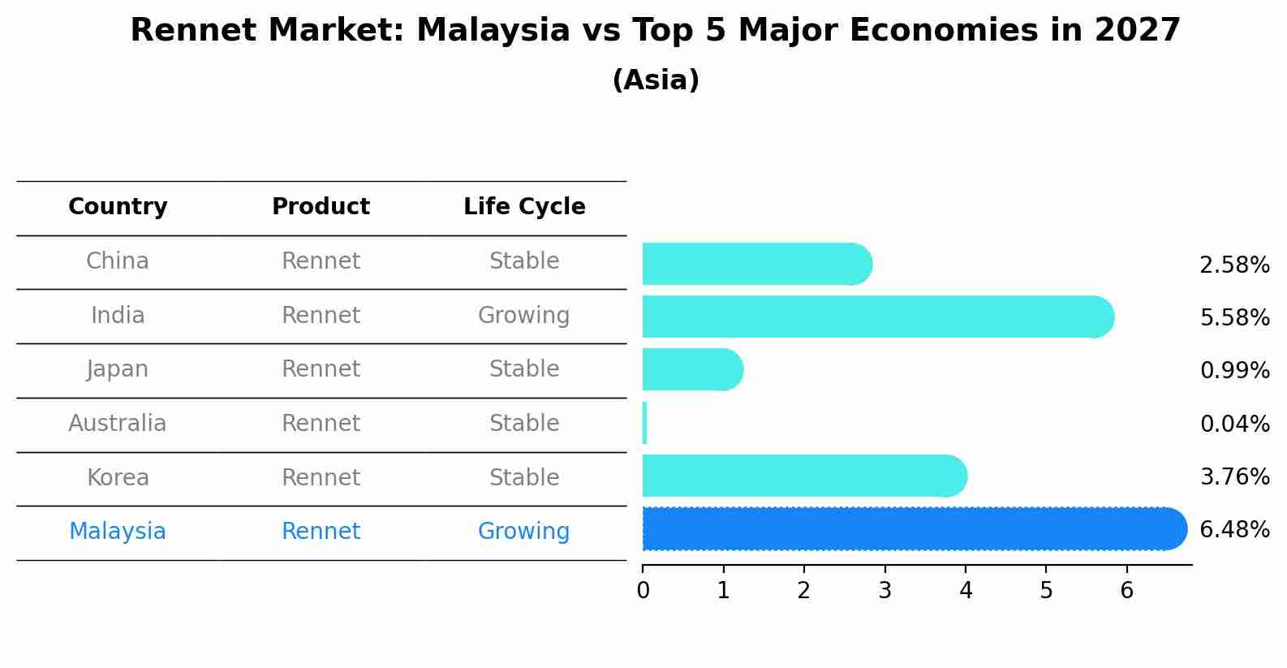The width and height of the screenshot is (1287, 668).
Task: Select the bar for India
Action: pyautogui.click(x=876, y=317)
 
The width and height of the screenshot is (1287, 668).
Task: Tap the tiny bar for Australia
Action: pyautogui.click(x=645, y=423)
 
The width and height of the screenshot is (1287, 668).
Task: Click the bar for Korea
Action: pyautogui.click(x=803, y=476)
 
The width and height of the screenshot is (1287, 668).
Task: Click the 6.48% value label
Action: pyautogui.click(x=1234, y=530)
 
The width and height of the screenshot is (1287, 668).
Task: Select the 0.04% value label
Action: pyautogui.click(x=1234, y=424)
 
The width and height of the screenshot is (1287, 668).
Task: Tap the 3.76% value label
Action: pyautogui.click(x=1234, y=476)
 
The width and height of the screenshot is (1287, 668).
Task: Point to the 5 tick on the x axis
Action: pyautogui.click(x=1046, y=591)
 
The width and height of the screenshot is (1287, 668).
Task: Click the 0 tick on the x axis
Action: pyautogui.click(x=643, y=591)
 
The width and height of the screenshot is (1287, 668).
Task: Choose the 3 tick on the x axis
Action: pyautogui.click(x=885, y=591)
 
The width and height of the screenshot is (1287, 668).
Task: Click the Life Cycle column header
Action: pyautogui.click(x=524, y=207)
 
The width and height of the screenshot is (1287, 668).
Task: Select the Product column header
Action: pyautogui.click(x=321, y=207)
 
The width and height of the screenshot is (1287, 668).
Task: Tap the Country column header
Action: pyautogui.click(x=118, y=207)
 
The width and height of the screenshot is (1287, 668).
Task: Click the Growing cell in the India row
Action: pyautogui.click(x=523, y=315)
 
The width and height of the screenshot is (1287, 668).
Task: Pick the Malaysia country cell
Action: pyautogui.click(x=118, y=532)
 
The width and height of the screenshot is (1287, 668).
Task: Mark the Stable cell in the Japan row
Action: pyautogui.click(x=523, y=369)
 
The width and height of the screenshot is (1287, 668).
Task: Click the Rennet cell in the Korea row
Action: pyautogui.click(x=321, y=477)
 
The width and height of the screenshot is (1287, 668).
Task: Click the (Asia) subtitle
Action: pyautogui.click(x=656, y=80)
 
